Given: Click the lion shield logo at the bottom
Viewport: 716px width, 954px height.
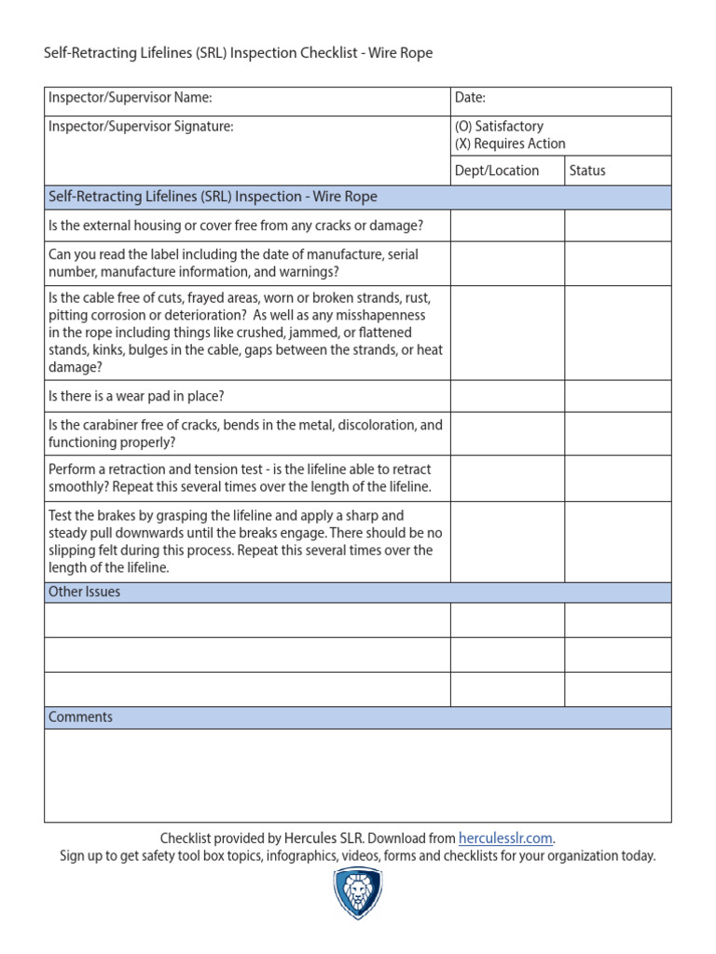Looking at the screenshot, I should click(357, 894).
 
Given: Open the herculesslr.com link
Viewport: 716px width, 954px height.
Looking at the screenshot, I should click(506, 838).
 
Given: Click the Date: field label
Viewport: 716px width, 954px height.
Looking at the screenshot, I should click(470, 97).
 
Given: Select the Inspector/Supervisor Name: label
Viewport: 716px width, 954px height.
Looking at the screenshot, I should click(131, 97).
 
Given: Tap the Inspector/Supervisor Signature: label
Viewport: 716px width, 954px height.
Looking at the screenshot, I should click(141, 127).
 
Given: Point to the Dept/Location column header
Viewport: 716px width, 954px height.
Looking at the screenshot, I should click(497, 170).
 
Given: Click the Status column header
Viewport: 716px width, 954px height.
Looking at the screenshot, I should click(587, 170).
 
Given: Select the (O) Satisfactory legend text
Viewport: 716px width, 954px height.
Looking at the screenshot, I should click(499, 127).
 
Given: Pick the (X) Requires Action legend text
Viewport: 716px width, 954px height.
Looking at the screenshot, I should click(510, 143).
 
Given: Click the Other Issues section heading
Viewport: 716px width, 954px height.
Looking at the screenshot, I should click(85, 592).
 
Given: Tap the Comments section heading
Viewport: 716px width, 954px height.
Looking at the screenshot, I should click(81, 717).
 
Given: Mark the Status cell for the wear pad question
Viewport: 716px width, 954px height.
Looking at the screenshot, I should click(617, 396).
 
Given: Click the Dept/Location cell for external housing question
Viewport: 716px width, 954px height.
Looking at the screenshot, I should click(507, 225).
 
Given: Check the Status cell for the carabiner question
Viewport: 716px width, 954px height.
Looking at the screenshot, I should click(617, 433).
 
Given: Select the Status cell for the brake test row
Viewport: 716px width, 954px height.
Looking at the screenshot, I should click(617, 541).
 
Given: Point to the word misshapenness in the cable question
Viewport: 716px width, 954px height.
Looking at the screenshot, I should click(373, 315).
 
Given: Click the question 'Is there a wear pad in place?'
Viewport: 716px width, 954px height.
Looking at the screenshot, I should click(136, 396).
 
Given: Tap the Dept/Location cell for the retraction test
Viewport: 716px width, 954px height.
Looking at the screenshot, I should click(507, 478).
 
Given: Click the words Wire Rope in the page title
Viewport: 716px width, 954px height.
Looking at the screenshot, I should click(402, 53).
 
